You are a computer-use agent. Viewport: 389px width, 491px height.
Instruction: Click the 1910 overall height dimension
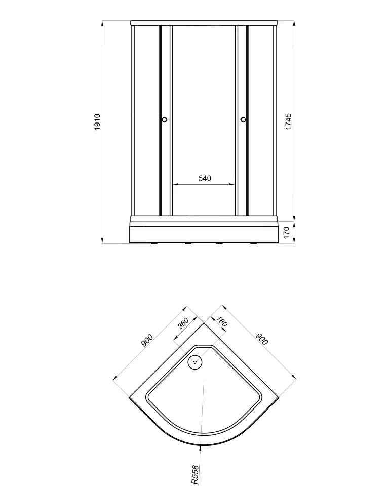(x=97, y=122)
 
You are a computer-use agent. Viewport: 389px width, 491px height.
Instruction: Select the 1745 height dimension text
(x=288, y=121)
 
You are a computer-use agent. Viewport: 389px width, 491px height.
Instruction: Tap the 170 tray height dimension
(x=286, y=233)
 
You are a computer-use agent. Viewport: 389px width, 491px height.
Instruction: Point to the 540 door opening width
(x=205, y=178)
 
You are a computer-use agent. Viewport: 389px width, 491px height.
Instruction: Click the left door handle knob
(x=165, y=119)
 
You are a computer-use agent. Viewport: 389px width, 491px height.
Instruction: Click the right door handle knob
(x=243, y=119)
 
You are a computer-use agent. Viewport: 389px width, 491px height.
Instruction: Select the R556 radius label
(x=194, y=475)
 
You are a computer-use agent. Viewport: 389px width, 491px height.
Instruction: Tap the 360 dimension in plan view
(x=183, y=323)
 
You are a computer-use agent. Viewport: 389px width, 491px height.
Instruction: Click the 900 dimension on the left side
(x=147, y=340)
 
